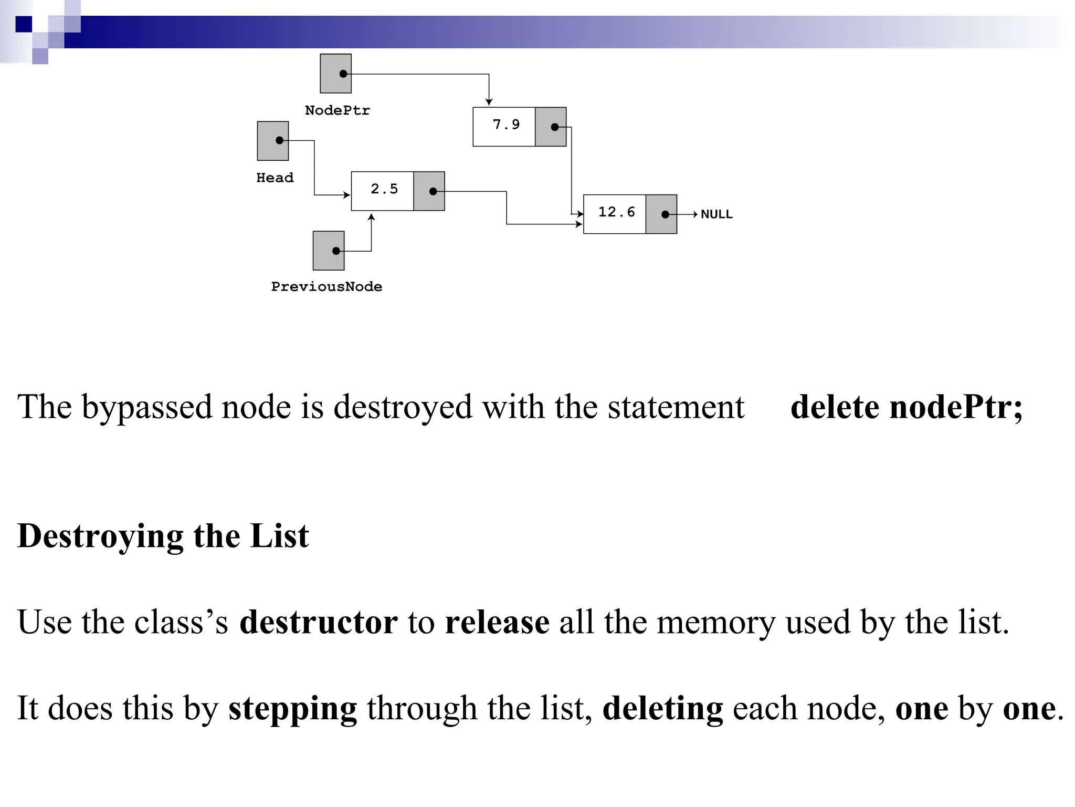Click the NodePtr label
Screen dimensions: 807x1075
click(337, 110)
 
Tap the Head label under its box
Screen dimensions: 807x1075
click(275, 178)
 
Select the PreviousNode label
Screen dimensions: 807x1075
click(326, 286)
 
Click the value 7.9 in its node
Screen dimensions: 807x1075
click(505, 125)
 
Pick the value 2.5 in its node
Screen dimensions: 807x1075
click(384, 189)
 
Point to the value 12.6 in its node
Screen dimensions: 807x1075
click(616, 212)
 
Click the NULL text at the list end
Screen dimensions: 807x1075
click(716, 214)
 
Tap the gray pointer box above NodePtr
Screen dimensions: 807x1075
click(335, 74)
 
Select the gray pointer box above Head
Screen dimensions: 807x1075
click(272, 141)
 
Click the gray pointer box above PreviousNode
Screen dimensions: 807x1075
click(329, 251)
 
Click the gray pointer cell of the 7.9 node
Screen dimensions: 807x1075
click(550, 127)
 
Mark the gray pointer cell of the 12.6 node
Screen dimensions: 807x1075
click(661, 214)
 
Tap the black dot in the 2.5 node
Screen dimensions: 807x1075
click(433, 191)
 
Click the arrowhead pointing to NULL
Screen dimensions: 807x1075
click(695, 214)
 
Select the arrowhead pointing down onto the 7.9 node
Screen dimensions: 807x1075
click(489, 102)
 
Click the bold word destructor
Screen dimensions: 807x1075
click(318, 622)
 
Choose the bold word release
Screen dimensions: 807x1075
click(497, 622)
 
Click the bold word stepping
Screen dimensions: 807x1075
click(292, 708)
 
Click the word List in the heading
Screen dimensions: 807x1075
click(279, 536)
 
